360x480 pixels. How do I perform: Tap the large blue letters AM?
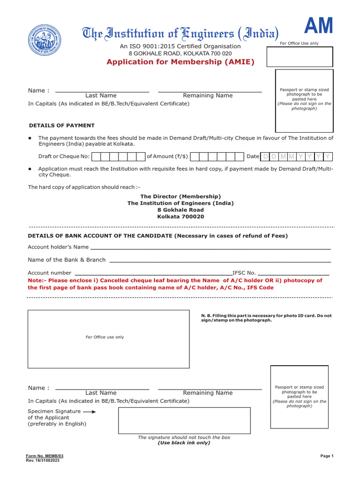319,26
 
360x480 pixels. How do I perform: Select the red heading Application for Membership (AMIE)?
180,62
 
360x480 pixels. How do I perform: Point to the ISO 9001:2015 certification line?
180,46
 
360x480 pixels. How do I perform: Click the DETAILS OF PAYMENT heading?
62,126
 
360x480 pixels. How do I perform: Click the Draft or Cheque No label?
64,157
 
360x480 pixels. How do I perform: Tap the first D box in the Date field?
265,157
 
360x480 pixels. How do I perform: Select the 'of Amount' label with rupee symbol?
167,157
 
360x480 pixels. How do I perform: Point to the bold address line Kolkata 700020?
180,217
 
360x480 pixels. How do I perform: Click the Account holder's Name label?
58,247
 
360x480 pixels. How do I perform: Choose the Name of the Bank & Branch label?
67,260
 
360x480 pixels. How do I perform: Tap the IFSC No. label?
244,273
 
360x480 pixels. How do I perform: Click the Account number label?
50,273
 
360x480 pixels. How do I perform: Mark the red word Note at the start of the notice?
36,280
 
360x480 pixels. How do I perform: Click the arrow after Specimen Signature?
90,412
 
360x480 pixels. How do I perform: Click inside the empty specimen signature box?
184,420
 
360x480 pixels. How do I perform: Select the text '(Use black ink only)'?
184,442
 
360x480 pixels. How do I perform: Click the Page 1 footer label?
326,456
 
